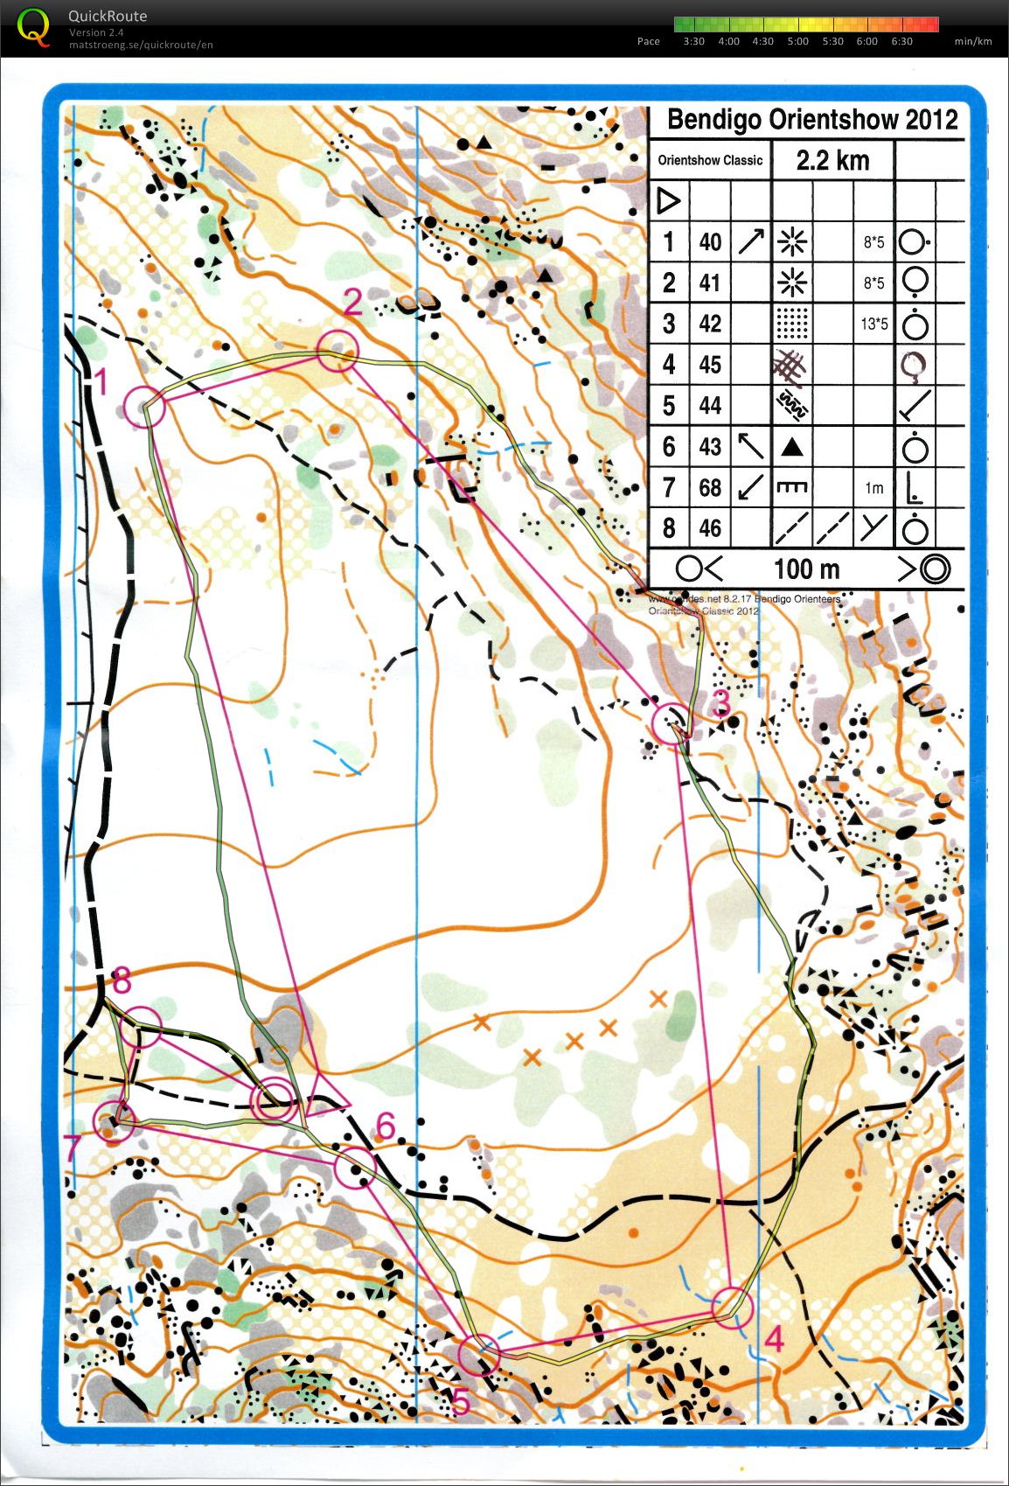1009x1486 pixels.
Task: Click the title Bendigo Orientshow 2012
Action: [x=812, y=120]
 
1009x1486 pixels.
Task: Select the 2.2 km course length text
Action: [x=832, y=160]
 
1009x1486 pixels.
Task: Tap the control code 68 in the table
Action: [x=710, y=487]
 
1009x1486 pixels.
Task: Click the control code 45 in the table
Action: [x=710, y=364]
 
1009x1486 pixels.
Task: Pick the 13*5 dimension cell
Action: [x=873, y=324]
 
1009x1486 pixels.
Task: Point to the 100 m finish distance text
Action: [x=806, y=569]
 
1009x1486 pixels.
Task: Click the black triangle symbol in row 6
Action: [x=791, y=448]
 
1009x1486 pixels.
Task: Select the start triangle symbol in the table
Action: [x=668, y=201]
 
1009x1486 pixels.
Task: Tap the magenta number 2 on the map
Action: [x=352, y=303]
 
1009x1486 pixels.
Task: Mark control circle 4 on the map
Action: [x=731, y=1307]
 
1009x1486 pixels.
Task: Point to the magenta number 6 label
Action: [x=386, y=1127]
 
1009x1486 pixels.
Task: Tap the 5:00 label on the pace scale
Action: [x=797, y=41]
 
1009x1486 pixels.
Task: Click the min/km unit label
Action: [x=972, y=41]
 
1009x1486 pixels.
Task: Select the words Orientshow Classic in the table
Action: [x=710, y=161]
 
